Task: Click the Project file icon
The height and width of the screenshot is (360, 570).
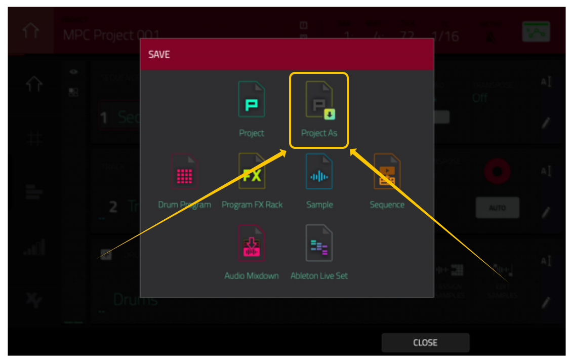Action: (252, 101)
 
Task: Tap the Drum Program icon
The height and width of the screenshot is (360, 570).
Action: (184, 172)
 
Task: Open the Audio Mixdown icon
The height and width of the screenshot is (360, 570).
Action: (252, 243)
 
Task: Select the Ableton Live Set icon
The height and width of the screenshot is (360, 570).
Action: (319, 243)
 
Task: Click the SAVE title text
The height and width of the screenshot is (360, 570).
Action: (159, 54)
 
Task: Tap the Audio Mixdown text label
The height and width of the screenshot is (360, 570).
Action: (252, 276)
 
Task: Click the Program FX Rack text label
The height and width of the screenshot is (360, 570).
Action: (252, 205)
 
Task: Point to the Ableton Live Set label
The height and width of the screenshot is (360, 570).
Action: (319, 276)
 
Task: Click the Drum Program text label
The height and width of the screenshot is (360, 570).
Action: (184, 205)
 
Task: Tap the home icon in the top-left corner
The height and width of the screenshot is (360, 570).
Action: (30, 30)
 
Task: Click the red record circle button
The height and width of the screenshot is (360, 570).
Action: (497, 172)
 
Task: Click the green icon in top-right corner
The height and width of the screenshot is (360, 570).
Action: (536, 32)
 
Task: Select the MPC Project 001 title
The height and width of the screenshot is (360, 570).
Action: (111, 35)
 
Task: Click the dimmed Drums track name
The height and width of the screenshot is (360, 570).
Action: (135, 299)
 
